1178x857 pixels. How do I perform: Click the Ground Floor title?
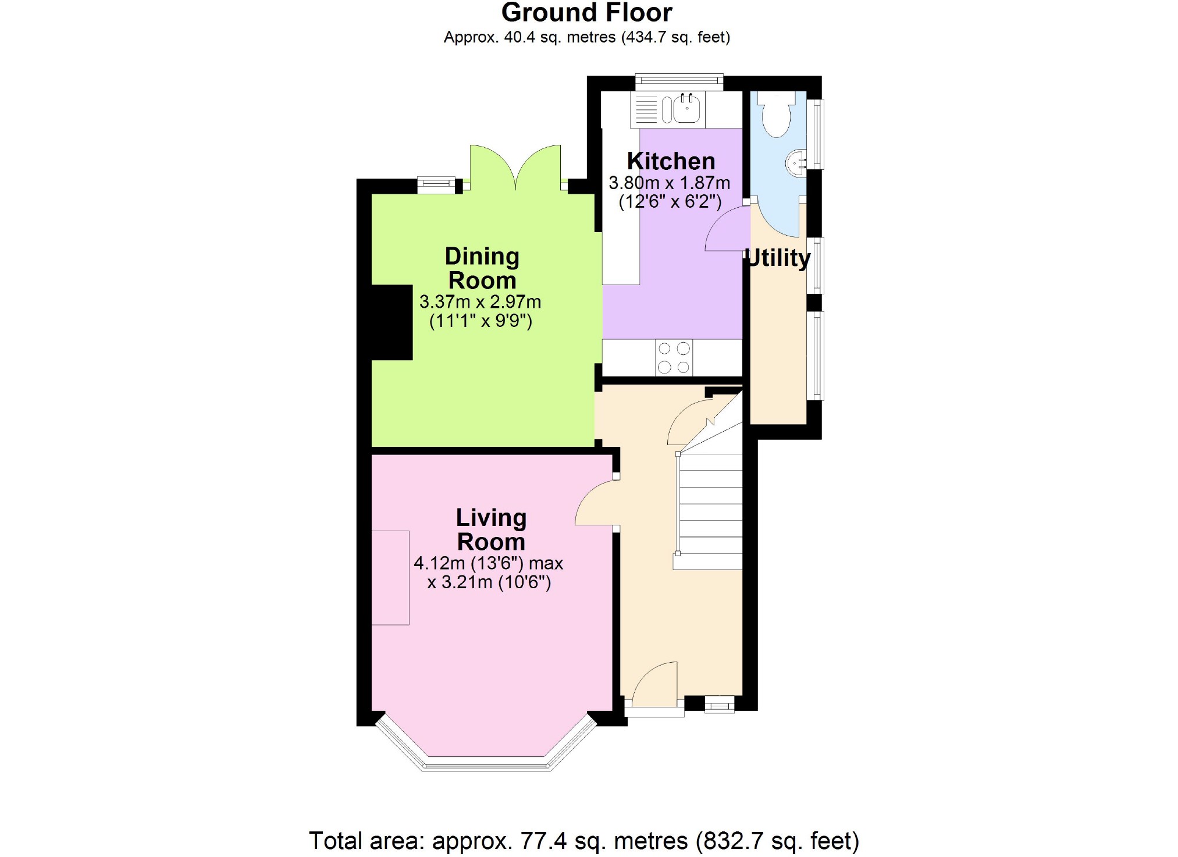[x=586, y=13]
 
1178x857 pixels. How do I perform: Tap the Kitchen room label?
[x=671, y=161]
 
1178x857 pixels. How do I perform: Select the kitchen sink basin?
[x=688, y=109]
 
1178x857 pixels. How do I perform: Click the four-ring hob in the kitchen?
[x=674, y=357]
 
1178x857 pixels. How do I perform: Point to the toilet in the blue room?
[x=776, y=115]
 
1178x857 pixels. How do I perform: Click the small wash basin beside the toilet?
[x=796, y=162]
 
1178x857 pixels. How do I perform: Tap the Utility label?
[x=778, y=258]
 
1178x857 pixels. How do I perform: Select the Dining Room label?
[x=482, y=268]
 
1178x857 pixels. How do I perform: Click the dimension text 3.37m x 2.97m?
[x=480, y=302]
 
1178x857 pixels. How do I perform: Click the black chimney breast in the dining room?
[x=392, y=322]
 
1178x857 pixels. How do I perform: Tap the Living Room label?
[x=491, y=529]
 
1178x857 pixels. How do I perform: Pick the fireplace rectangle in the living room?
[x=390, y=578]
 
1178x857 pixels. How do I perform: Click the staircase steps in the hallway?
[x=710, y=512]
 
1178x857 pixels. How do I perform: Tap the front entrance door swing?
[x=654, y=684]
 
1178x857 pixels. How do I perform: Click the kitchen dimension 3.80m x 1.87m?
[x=669, y=183]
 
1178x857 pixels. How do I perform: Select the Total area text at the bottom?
[x=583, y=841]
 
